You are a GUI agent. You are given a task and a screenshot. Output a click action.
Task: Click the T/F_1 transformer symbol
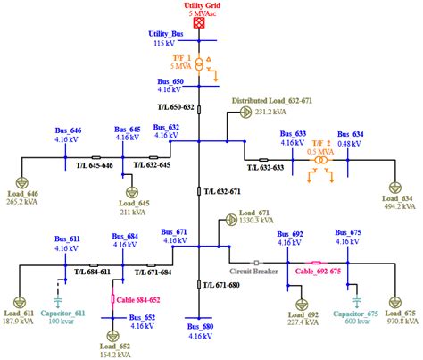pyautogui.click(x=200, y=65)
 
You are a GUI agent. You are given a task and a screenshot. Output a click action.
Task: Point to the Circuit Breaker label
pyautogui.click(x=253, y=271)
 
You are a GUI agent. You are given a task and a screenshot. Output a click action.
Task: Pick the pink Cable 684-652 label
pyautogui.click(x=144, y=299)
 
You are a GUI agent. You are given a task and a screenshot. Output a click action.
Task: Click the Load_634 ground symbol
pyautogui.click(x=394, y=185)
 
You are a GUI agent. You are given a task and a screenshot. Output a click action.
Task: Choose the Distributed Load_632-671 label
pyautogui.click(x=274, y=101)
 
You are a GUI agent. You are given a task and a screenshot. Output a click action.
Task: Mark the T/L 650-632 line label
pyautogui.click(x=176, y=107)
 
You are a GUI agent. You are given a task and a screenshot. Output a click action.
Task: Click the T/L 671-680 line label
pyautogui.click(x=220, y=284)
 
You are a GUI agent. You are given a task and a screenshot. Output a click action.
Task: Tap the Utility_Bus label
pyautogui.click(x=165, y=33)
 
